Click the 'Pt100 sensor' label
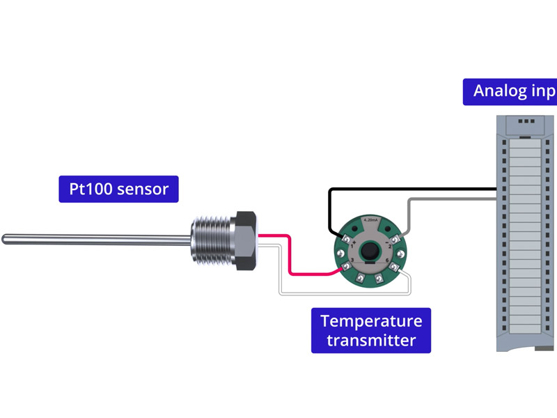(118, 188)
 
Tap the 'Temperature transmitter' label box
(370, 330)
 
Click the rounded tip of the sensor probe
(5, 239)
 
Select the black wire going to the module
(411, 189)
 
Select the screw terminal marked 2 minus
(393, 239)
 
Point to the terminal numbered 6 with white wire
(393, 267)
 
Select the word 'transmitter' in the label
(370, 341)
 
